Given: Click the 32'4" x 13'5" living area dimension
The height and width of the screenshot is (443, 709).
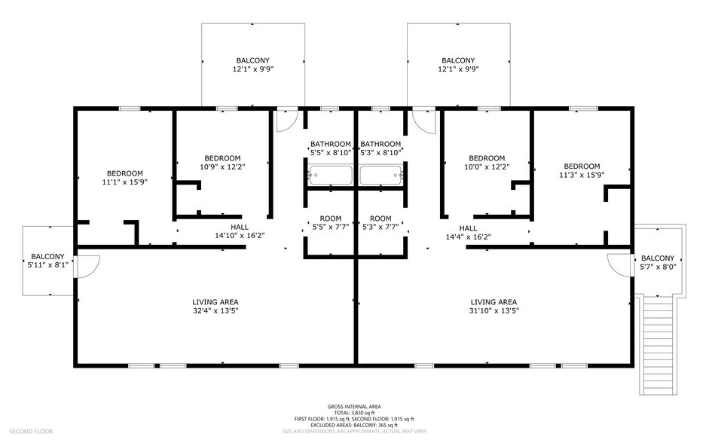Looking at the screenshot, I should [x=215, y=310].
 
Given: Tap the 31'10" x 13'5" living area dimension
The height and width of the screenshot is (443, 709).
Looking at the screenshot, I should [x=494, y=310].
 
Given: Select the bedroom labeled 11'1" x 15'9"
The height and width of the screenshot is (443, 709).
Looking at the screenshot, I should [x=120, y=182].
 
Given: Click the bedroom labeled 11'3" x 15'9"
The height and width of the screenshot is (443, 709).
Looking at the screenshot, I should [x=582, y=175].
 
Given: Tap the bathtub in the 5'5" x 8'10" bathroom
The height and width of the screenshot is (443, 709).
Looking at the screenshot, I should [x=330, y=176].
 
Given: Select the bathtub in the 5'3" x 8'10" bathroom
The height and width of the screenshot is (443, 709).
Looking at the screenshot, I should [x=381, y=176].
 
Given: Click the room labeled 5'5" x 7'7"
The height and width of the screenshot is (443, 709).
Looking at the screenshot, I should [x=330, y=227].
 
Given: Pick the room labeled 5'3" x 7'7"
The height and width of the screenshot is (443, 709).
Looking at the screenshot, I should [x=380, y=227].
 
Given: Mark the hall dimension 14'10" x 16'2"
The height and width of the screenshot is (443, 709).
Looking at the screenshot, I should [x=240, y=235].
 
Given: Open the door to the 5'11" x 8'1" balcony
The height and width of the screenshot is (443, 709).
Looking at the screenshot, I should [x=89, y=265].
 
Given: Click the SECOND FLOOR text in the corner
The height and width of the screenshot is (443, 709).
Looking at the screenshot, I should [x=30, y=431].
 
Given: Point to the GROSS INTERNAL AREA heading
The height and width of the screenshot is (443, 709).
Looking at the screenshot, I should [x=354, y=407].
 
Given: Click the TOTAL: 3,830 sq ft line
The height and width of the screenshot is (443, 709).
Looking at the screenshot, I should [x=354, y=413].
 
